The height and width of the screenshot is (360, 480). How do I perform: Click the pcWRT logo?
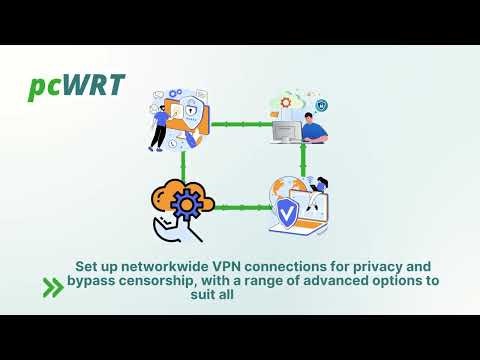pos(76,86)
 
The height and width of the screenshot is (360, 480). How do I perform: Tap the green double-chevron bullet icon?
pos(53,288)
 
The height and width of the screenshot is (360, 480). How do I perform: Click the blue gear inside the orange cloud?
pos(187,206)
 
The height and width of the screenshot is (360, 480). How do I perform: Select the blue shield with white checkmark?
pos(287,212)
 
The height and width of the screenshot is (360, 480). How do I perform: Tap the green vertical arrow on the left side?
pos(183,163)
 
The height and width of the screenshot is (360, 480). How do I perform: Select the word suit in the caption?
pos(228,295)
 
